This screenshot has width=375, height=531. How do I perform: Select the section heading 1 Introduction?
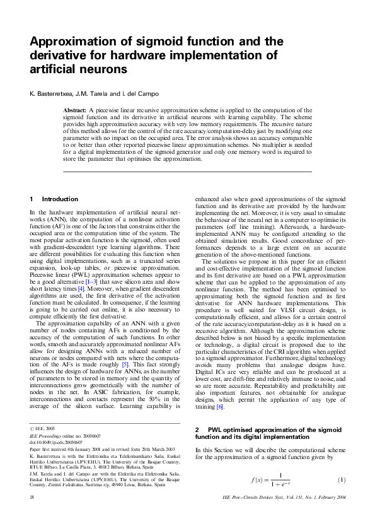pos(54,199)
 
